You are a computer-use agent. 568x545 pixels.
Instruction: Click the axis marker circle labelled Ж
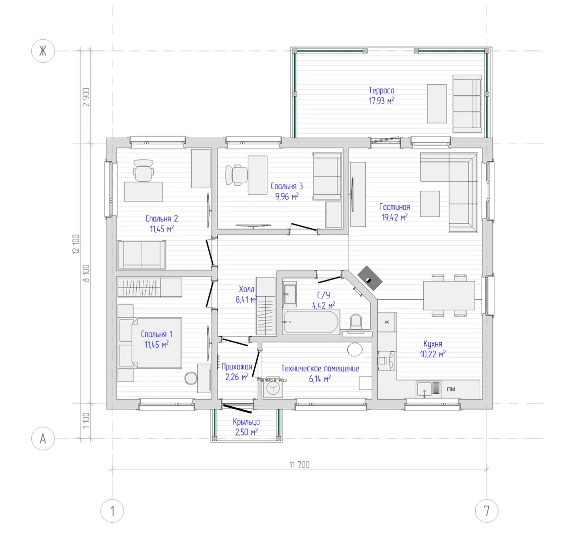coord(43,51)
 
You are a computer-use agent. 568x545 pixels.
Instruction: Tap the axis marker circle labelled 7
coord(486,511)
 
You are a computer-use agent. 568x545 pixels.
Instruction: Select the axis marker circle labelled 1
coord(112,511)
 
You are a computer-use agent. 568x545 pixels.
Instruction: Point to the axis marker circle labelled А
coord(43,439)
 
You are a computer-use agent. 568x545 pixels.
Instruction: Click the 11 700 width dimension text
coord(299,465)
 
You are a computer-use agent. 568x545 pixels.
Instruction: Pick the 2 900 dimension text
coord(86,97)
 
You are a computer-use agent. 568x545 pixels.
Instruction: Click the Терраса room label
coord(381,90)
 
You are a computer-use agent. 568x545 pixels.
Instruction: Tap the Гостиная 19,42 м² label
coord(394,212)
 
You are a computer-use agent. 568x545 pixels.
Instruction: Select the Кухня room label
coord(432,344)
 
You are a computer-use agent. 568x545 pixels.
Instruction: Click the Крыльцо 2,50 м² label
coord(246,427)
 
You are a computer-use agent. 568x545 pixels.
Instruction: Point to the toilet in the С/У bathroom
coord(356,322)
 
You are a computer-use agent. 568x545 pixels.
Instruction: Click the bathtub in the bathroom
coord(311,322)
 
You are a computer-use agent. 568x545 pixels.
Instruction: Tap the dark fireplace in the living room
coord(370,278)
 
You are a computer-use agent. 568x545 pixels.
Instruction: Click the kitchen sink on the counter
coord(424,390)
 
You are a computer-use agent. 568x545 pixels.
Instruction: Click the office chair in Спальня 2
coord(143,171)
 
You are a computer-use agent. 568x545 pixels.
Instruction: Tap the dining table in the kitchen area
coord(449,295)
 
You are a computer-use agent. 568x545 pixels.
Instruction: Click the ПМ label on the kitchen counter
coord(451,389)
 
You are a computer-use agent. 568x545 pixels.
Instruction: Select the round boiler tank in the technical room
coord(355,349)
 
